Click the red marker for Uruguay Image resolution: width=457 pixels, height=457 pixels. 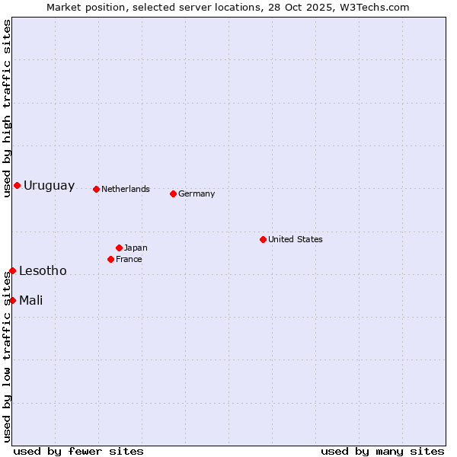pos(17,186)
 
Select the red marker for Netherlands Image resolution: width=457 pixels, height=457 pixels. pos(96,189)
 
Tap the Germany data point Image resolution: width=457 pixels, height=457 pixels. pos(173,193)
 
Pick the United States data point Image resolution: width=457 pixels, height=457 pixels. pos(263,239)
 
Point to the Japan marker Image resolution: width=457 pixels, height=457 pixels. pos(119,248)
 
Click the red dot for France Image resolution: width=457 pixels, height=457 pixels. pos(110,259)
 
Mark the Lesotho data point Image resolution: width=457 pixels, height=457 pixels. pos(12,270)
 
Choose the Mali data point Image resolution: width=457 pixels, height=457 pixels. pos(12,300)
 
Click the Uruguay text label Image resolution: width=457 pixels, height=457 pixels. pos(49,186)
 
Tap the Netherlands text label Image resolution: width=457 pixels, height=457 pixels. pos(126,189)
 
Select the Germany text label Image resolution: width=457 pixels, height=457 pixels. pos(197,193)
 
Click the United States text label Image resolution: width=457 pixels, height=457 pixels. pos(296,239)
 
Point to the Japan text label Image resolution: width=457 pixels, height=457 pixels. pos(136,248)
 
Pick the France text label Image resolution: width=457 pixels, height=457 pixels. pos(129,259)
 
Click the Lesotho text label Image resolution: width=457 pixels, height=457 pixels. pos(43,271)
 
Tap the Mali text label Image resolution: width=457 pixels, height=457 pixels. pos(30,300)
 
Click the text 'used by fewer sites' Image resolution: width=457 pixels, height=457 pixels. pos(78,451)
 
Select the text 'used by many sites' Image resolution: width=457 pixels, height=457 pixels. pos(382,451)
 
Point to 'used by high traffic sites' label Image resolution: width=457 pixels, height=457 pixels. pos(7,108)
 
